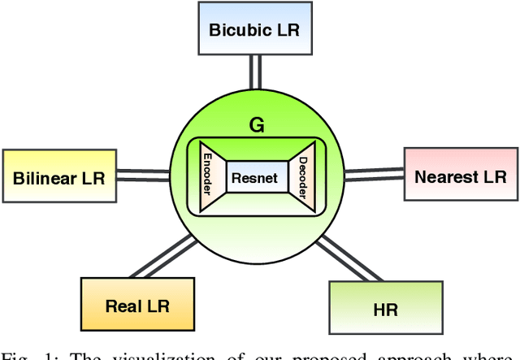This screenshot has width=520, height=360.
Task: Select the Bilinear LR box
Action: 59,177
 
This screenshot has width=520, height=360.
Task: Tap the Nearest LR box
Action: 460,176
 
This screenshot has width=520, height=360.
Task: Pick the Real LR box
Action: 139,306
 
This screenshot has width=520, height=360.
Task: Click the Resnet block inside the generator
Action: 257,178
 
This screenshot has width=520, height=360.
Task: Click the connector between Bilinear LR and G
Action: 145,176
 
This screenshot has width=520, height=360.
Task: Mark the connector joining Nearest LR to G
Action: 374,175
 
